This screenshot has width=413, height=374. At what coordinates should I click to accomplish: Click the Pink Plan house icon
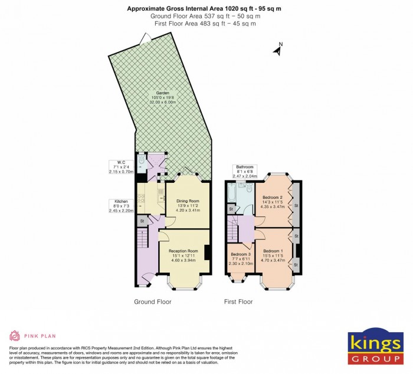coord(15,336)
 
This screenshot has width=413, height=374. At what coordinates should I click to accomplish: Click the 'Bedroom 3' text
coord(241,254)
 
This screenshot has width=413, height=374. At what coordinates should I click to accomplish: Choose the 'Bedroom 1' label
coord(273,251)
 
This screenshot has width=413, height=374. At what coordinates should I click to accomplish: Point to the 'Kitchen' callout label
coord(116,201)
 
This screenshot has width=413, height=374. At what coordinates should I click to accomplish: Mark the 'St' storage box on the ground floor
coord(141,221)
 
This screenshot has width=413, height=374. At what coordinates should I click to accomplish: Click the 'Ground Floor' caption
coord(152,302)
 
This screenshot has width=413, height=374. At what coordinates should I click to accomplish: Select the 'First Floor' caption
coord(238,302)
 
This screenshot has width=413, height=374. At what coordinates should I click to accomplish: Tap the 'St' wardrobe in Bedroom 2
coord(296,205)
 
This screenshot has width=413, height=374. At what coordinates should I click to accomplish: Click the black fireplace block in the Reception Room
coord(207,252)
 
